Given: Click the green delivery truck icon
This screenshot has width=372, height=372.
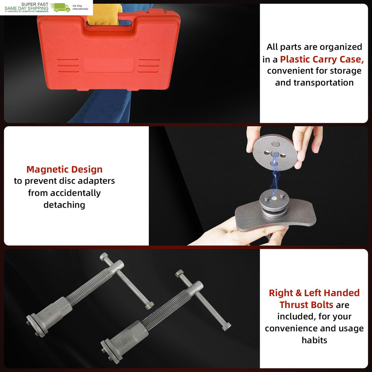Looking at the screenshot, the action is (x=60, y=8).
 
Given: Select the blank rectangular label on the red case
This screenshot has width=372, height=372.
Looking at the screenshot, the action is (x=108, y=65).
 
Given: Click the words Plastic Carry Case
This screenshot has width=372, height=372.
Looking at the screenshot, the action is (x=322, y=59).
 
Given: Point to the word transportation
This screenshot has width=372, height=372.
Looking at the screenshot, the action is (x=324, y=83).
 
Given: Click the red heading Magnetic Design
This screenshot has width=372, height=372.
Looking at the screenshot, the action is (x=64, y=169).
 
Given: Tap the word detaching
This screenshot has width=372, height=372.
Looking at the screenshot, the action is (x=64, y=205).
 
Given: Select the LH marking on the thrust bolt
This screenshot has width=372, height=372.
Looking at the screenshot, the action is (x=48, y=313).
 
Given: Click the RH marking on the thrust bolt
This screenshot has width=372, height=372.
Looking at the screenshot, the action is (x=123, y=341).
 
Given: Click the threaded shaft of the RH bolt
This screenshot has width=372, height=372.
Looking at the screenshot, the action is (x=166, y=310).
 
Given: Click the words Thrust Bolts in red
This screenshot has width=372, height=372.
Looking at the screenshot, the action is (x=306, y=305).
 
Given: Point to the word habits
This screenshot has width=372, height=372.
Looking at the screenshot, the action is (x=314, y=340).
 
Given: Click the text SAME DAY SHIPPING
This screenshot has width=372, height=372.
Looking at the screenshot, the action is (x=26, y=8).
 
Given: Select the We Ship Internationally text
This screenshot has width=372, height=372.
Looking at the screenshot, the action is (x=81, y=7).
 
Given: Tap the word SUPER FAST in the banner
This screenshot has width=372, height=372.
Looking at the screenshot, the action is (x=34, y=4).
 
